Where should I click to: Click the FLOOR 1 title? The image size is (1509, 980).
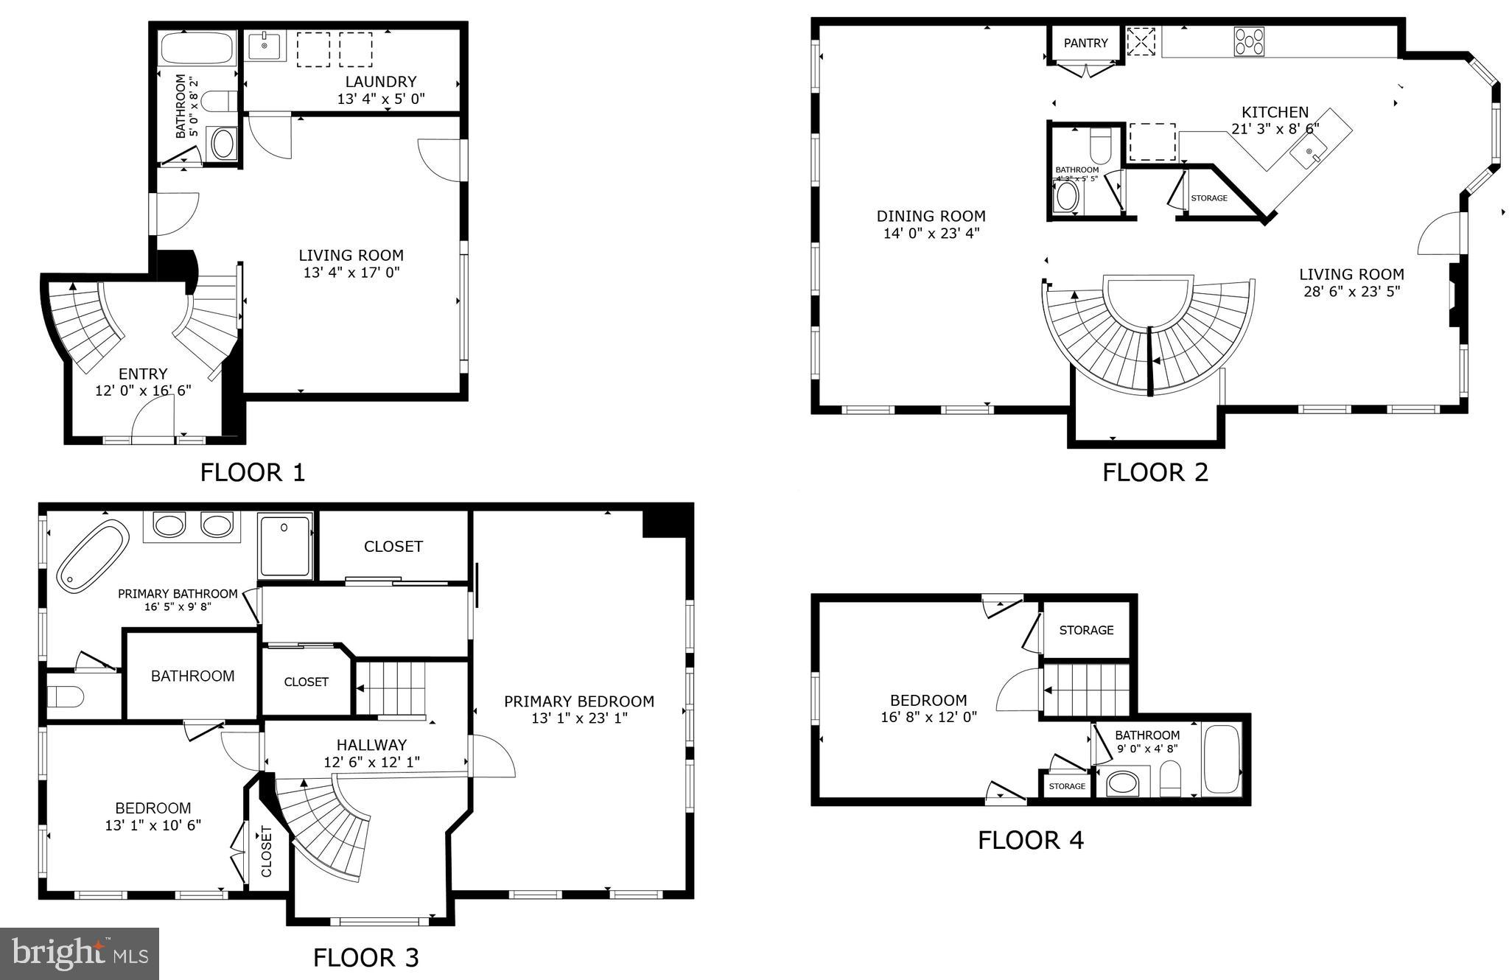point(252,472)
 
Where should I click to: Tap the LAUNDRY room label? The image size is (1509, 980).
point(381,82)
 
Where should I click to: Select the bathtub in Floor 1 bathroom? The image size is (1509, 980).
point(196,49)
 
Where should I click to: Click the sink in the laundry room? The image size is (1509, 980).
point(265,46)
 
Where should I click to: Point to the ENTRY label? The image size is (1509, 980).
point(143,374)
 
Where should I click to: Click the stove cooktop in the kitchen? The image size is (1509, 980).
point(1249,41)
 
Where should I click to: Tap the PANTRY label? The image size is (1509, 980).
point(1085,43)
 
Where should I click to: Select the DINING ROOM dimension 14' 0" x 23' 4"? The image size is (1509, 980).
point(931,234)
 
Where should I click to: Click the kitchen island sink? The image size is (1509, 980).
point(1310,153)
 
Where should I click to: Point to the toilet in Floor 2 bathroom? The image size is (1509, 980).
point(1100,145)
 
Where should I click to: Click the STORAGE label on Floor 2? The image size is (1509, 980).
point(1209,198)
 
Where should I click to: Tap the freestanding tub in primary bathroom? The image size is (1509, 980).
point(93,556)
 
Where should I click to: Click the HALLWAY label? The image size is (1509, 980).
point(371,745)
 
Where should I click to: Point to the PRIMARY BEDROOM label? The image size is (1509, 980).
point(579,701)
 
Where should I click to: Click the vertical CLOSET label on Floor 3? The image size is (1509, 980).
point(267,851)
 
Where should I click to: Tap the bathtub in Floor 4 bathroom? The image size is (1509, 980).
point(1221,760)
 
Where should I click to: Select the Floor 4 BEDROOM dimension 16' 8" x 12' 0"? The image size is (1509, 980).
point(928,716)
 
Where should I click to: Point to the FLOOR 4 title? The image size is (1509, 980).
point(1030,840)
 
